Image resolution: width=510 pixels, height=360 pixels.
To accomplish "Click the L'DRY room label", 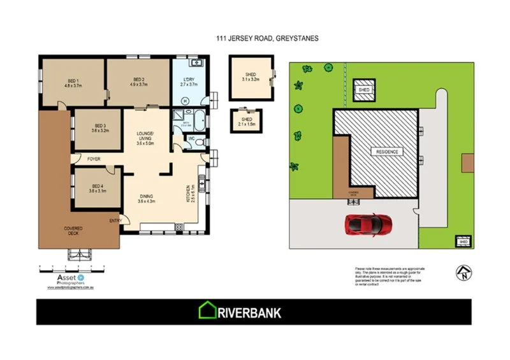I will (189, 82).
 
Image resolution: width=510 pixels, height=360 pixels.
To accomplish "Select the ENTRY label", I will (115, 221).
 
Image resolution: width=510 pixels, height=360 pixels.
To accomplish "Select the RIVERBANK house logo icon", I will (208, 312).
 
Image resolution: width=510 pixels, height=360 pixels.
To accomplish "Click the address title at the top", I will (267, 39).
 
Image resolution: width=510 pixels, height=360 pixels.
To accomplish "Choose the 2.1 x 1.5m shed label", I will (246, 121).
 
